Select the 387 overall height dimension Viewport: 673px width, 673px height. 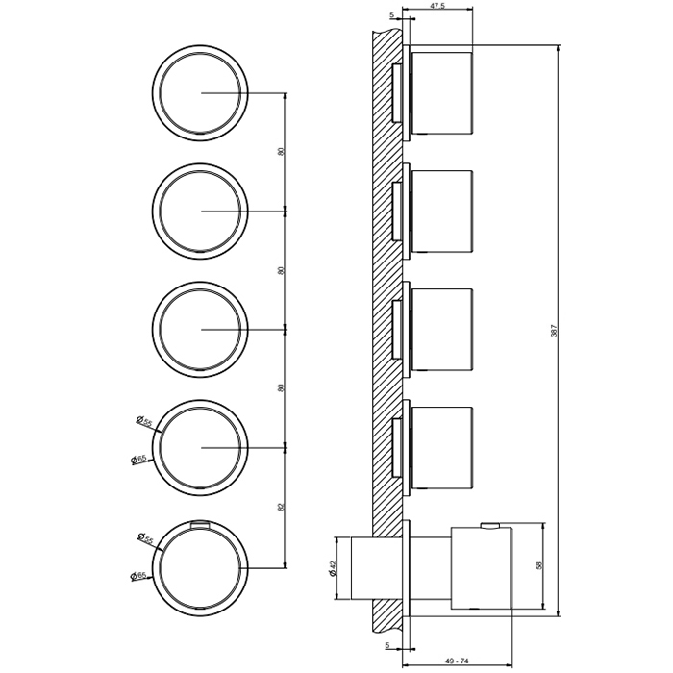pos(554,330)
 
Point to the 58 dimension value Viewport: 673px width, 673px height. pos(539,565)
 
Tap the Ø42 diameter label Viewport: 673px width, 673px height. pos(334,568)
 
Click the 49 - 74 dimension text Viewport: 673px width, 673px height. pos(457,661)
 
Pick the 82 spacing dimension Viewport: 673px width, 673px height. pos(281,508)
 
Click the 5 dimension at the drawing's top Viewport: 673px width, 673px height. pos(391,15)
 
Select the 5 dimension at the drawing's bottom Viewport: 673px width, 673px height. pos(387,645)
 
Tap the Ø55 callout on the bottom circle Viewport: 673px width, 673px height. pos(145,538)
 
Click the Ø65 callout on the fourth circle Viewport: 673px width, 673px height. pos(138,460)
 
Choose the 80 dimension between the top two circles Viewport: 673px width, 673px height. pos(281,152)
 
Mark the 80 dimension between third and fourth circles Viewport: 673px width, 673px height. pos(281,388)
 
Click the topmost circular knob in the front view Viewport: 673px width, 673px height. pos(200,92)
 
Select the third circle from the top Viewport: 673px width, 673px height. pos(200,329)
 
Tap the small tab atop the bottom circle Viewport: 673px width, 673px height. pos(200,524)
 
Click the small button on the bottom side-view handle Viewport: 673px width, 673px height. pos(489,525)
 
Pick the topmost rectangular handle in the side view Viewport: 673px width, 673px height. pos(442,92)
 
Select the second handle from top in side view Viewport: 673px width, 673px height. pos(442,212)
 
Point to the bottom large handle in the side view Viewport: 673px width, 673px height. pos(481,568)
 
